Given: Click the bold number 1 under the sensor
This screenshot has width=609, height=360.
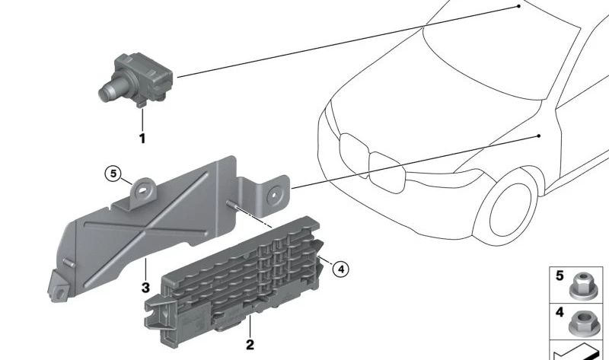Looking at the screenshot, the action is tap(142, 139).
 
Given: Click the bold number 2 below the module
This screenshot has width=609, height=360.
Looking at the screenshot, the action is tap(250, 344).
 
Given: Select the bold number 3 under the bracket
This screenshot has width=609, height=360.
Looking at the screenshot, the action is tap(145, 288).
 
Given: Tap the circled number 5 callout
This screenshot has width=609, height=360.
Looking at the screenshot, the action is tap(113, 174).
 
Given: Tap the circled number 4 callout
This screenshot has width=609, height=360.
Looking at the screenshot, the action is tap(341, 269).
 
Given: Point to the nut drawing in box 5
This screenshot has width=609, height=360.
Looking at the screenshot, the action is tap(583, 286).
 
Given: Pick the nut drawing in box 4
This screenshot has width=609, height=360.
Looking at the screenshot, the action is tap(582, 323).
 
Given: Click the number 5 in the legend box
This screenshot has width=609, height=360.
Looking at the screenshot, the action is tap(560, 276).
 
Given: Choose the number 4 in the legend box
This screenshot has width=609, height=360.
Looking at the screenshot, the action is tap(560, 312).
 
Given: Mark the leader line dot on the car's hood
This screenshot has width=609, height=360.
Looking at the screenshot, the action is tap(519, 6).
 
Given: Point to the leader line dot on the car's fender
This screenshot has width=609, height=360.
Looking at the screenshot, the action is tap(539, 136).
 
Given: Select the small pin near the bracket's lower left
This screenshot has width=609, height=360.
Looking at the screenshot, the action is tap(69, 263).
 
